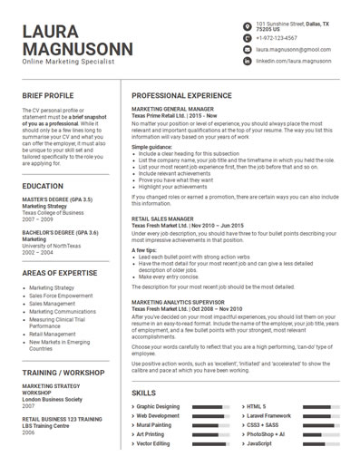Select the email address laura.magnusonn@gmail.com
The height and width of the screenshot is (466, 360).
[293, 50]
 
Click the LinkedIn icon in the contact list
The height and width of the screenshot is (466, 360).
[247, 61]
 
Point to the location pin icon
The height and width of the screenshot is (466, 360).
[247, 25]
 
